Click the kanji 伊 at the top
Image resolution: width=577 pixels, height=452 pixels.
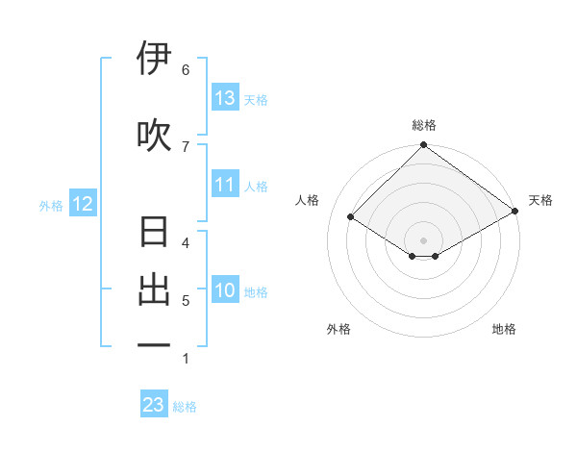click(154, 59)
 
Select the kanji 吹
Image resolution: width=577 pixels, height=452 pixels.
click(154, 135)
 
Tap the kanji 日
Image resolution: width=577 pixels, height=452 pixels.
click(154, 234)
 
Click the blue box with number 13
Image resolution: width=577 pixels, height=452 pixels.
click(225, 98)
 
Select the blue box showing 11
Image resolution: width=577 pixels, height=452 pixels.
click(225, 186)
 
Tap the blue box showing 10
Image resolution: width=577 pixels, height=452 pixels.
click(225, 291)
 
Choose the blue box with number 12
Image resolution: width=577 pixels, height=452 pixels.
click(82, 204)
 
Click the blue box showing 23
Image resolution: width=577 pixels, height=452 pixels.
click(154, 405)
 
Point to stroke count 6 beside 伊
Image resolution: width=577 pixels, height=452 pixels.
click(186, 69)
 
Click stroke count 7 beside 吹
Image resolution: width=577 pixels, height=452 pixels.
click(186, 146)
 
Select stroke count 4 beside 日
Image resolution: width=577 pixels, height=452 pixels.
click(186, 242)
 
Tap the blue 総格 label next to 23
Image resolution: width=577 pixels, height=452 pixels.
click(185, 407)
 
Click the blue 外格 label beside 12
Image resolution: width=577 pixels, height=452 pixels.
click(51, 205)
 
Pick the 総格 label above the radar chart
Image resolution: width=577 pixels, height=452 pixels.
click(423, 125)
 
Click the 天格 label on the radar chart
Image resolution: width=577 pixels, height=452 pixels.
click(540, 200)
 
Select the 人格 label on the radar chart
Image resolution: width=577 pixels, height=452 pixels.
click(308, 200)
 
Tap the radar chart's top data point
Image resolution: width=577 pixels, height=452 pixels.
click(423, 146)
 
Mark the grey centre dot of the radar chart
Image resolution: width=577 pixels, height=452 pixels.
click(423, 239)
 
